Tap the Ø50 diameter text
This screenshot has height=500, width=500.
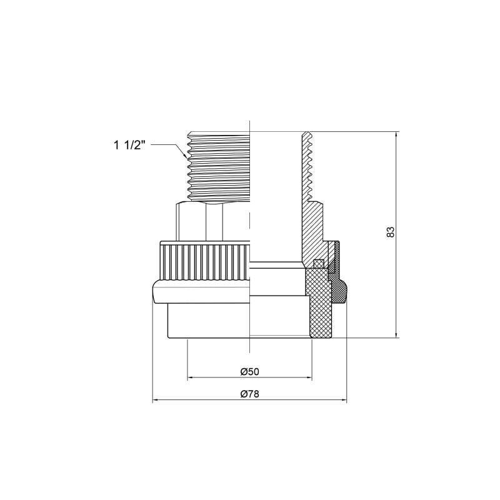pos(249,371)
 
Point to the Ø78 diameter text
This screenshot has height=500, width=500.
pos(249,394)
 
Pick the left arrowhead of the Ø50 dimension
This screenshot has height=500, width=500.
pos(190,377)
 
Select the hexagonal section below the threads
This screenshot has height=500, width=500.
pos(212,222)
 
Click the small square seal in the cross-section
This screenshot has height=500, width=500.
pos(317,262)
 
